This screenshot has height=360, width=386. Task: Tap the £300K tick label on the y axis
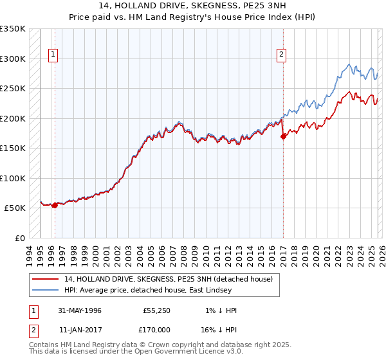coord(12,59)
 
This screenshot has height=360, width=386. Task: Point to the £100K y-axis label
coord(12,178)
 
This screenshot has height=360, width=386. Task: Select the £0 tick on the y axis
coord(19,238)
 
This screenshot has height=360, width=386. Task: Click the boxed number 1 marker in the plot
coord(52,55)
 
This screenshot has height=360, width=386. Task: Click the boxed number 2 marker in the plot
coord(282,55)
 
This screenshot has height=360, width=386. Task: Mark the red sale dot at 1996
coord(55,205)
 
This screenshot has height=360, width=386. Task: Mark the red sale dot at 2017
coord(283,136)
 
